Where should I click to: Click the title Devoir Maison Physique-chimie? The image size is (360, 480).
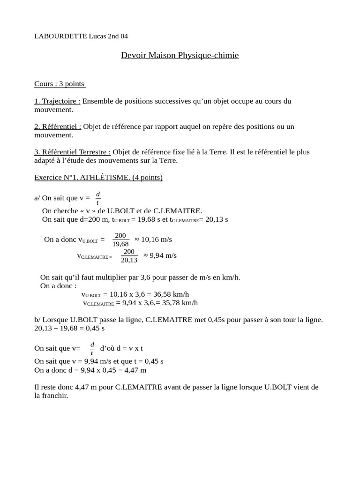[x=180, y=55]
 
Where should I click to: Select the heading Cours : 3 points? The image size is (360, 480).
[x=60, y=84]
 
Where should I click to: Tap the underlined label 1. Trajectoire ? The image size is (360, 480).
[x=57, y=101]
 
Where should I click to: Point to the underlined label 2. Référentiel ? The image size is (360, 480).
[x=58, y=127]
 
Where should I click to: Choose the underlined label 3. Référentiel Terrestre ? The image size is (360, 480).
[x=73, y=152]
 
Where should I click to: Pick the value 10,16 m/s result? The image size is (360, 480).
[x=153, y=240]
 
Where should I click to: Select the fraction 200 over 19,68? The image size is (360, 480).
[x=120, y=240]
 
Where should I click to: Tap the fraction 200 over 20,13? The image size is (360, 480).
[x=129, y=255]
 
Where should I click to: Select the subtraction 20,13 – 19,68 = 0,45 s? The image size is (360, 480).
[x=69, y=329]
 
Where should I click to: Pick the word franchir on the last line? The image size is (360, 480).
[x=55, y=396]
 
